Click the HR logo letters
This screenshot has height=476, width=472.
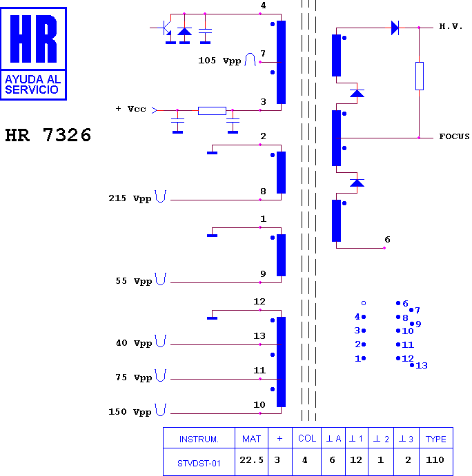(33, 39)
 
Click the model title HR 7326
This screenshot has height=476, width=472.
(48, 135)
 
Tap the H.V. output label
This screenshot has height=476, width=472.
(451, 26)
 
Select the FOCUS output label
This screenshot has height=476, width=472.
(454, 136)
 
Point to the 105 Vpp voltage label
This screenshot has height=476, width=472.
(219, 61)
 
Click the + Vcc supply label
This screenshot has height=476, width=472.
(131, 109)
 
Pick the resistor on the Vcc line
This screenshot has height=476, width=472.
(212, 111)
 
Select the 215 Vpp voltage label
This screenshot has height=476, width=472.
(130, 198)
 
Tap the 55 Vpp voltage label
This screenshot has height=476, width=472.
(134, 281)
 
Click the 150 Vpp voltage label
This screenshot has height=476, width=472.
(130, 412)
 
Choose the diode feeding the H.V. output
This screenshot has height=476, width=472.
(395, 28)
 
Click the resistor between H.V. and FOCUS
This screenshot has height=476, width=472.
(420, 76)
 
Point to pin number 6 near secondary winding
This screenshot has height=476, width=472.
(387, 240)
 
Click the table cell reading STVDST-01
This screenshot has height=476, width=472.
(199, 464)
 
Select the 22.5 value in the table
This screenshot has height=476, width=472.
(251, 460)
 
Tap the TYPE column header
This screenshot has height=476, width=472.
(436, 439)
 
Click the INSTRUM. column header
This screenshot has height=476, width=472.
(199, 439)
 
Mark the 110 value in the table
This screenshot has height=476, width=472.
(435, 460)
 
